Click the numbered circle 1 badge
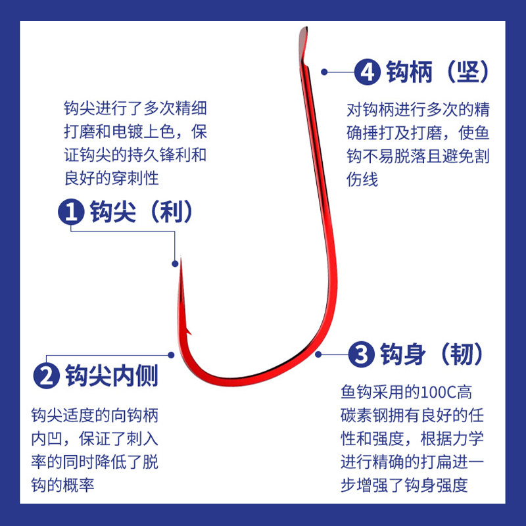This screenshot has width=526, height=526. tap(70, 212)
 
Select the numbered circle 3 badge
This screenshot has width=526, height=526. tap(361, 355)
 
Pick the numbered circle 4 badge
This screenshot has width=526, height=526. tap(366, 72)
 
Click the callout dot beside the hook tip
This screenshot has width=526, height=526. tap(175, 264)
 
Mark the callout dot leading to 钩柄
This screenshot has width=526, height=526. tap(323, 72)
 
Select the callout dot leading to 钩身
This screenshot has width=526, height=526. tap(319, 355)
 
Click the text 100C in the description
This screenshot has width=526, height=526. tap(437, 393)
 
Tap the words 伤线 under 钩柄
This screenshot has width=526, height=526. tap(362, 179)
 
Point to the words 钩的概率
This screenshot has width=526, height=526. tap(68, 484)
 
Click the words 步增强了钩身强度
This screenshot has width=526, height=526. tap(404, 485)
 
